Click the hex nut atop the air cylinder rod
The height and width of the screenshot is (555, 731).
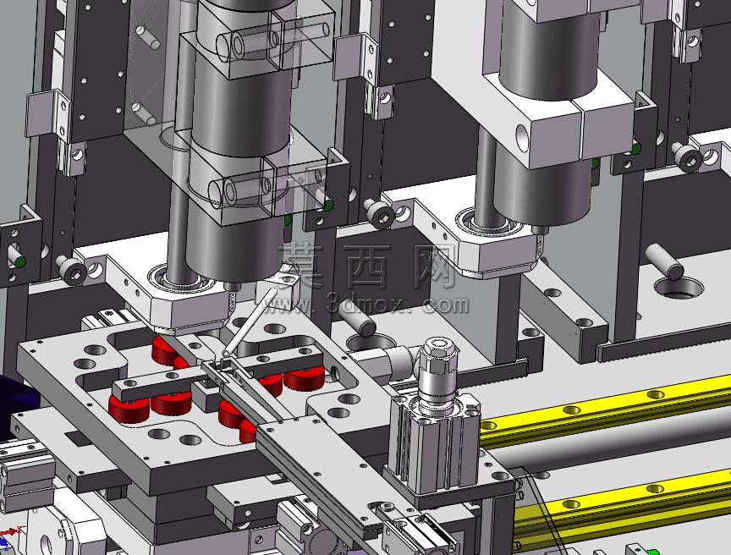click(437, 354)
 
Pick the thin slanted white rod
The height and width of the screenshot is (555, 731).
click(250, 322)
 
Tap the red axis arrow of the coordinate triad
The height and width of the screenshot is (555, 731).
click(10, 532)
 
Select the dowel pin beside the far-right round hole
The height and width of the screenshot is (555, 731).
click(664, 262)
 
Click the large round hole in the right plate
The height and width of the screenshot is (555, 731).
click(679, 287)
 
